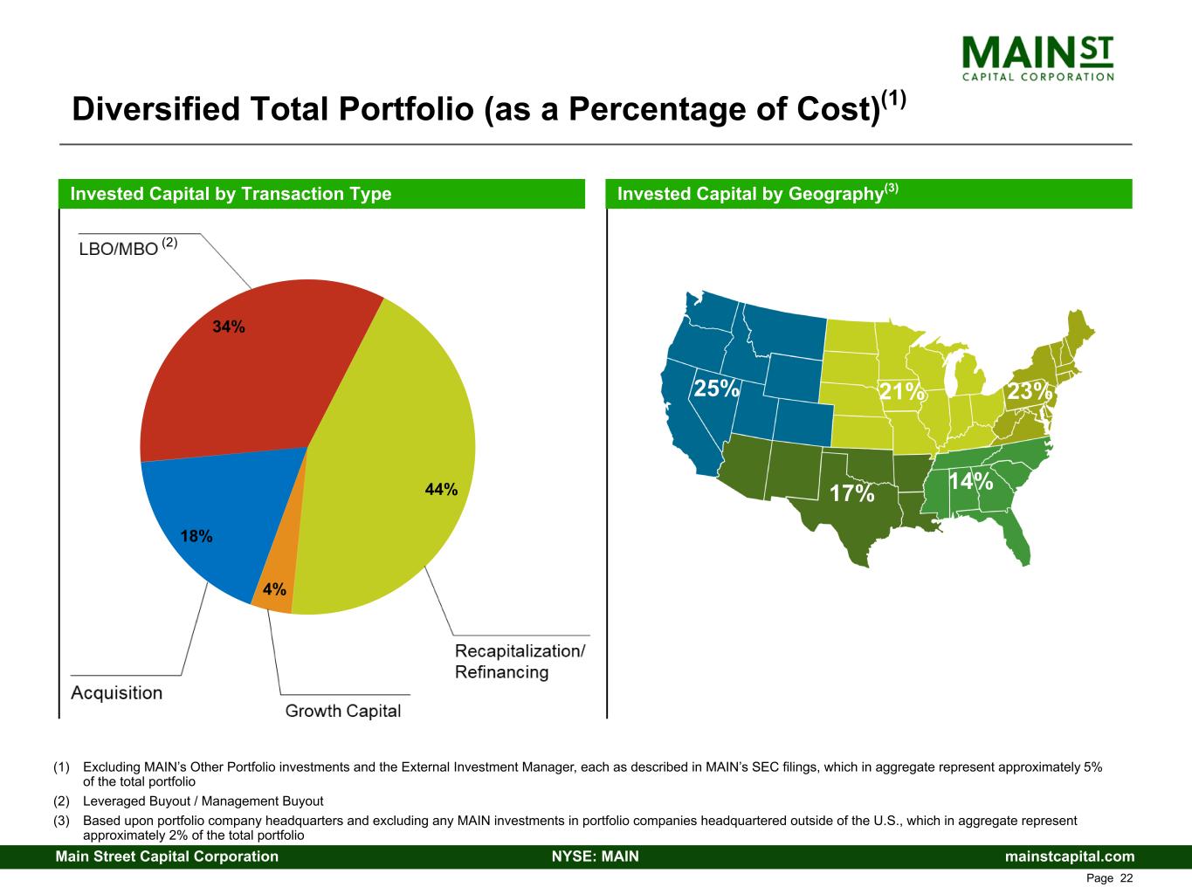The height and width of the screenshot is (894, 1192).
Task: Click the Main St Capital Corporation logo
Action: [1037, 58]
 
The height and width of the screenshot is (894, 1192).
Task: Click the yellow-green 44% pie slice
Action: [393, 471]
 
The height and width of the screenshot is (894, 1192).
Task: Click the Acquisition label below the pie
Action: [116, 693]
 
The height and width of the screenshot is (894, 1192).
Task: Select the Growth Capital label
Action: [343, 711]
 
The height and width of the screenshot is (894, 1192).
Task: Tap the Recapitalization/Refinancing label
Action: [520, 662]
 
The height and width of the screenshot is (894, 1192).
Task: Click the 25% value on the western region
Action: [716, 388]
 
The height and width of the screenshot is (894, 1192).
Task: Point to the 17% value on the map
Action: [851, 494]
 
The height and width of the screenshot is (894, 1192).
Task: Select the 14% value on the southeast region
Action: [970, 481]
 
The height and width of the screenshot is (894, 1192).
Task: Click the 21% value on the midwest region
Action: [901, 392]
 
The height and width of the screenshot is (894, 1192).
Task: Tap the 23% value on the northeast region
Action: [1030, 391]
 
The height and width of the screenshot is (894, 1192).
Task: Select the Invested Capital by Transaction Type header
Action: [231, 194]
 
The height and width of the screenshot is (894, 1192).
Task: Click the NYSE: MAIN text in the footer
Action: [596, 856]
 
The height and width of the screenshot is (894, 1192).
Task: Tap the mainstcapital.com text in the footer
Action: [1070, 856]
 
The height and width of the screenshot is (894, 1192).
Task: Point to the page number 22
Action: [1126, 877]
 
